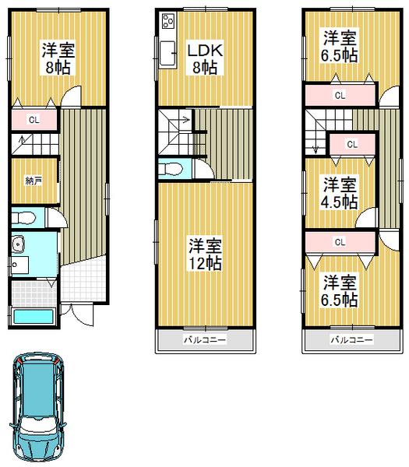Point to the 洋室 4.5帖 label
pyautogui.click(x=340, y=193)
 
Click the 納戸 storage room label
pyautogui.click(x=33, y=181)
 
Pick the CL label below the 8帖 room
pyautogui.click(x=33, y=120)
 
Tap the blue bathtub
pyautogui.click(x=32, y=318)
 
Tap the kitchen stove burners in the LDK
pyautogui.click(x=167, y=23)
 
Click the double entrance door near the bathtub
pyautogui.click(x=77, y=312)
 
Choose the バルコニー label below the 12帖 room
pyautogui.click(x=204, y=340)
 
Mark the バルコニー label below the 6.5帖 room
pyautogui.click(x=350, y=340)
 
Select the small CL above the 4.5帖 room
pyautogui.click(x=351, y=144)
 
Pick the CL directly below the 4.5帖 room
pyautogui.click(x=340, y=242)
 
